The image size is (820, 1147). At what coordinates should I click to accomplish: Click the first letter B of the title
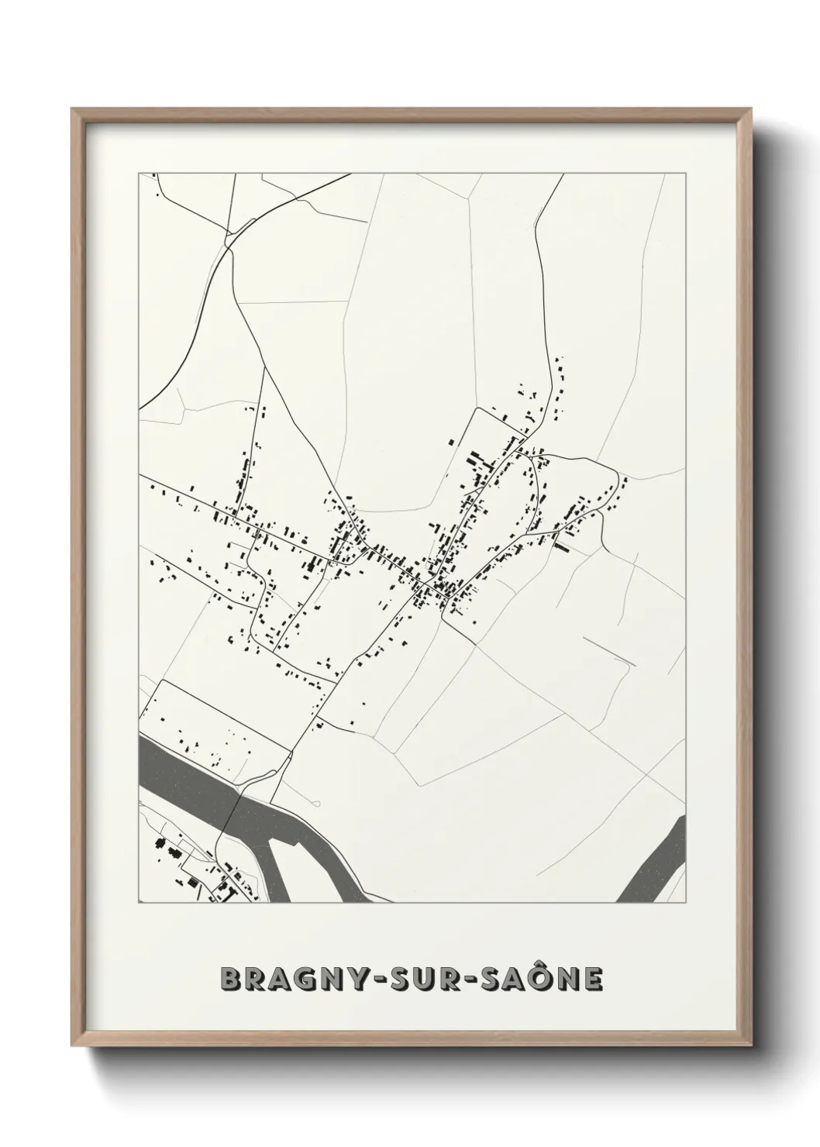click(x=231, y=980)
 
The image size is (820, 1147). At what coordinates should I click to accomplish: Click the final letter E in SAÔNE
click(x=593, y=980)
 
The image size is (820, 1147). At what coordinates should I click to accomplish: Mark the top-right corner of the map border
click(x=686, y=174)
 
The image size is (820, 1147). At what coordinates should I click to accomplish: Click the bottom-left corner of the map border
click(x=139, y=904)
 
